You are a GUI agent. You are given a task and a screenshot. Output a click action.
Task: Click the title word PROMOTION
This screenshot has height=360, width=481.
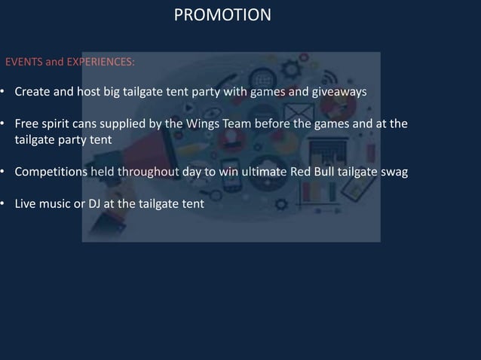(222, 15)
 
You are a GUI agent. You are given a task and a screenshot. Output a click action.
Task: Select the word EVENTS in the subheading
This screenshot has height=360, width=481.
(24, 62)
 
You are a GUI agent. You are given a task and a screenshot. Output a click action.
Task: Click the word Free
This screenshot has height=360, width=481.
(27, 124)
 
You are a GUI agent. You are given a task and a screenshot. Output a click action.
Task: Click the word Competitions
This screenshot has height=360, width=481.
(51, 172)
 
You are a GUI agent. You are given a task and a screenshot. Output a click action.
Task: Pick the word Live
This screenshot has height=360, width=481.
(27, 203)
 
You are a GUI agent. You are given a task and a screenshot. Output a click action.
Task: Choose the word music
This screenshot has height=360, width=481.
(60, 203)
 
